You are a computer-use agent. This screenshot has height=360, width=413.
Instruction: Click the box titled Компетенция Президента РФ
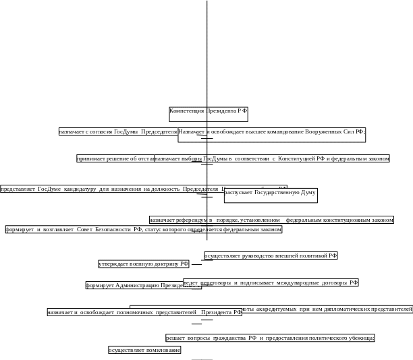[x=208, y=113]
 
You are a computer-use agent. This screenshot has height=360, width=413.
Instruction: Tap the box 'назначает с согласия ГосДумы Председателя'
[x=117, y=131]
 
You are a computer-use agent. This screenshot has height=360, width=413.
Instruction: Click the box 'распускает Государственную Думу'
[x=270, y=194]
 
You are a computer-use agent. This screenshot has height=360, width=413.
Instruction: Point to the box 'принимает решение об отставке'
[x=115, y=158]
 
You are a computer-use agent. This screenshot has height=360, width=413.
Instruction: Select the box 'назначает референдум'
[x=271, y=220]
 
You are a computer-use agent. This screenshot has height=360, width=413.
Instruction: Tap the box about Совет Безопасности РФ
[x=143, y=229]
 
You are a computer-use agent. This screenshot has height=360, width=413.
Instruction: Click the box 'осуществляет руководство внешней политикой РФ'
[x=271, y=256]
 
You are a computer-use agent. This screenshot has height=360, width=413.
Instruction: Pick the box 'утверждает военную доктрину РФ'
[x=144, y=264]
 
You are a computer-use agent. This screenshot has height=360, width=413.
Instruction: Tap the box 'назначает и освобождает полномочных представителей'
[x=144, y=312]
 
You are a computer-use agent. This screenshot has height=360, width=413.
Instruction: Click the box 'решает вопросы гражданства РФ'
[x=270, y=338]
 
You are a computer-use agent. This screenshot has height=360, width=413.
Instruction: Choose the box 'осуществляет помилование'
[x=144, y=350]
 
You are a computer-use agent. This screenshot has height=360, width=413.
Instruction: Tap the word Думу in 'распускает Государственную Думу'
[x=307, y=193]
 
